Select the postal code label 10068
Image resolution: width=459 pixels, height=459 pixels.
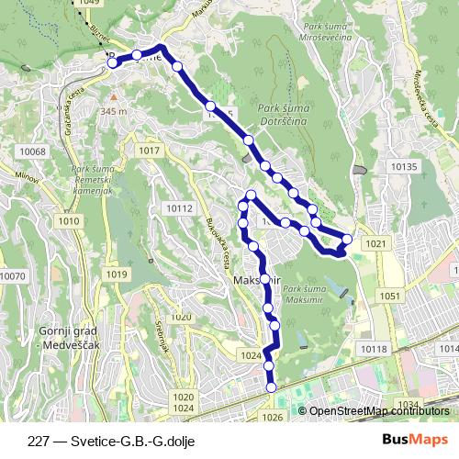32,151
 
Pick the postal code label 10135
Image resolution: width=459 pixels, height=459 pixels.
403,166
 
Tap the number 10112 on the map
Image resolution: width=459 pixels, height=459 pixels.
179,208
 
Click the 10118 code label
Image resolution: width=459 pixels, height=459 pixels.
374,349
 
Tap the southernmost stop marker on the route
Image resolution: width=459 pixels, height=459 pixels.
271,388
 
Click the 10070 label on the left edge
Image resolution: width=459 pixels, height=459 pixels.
13,275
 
